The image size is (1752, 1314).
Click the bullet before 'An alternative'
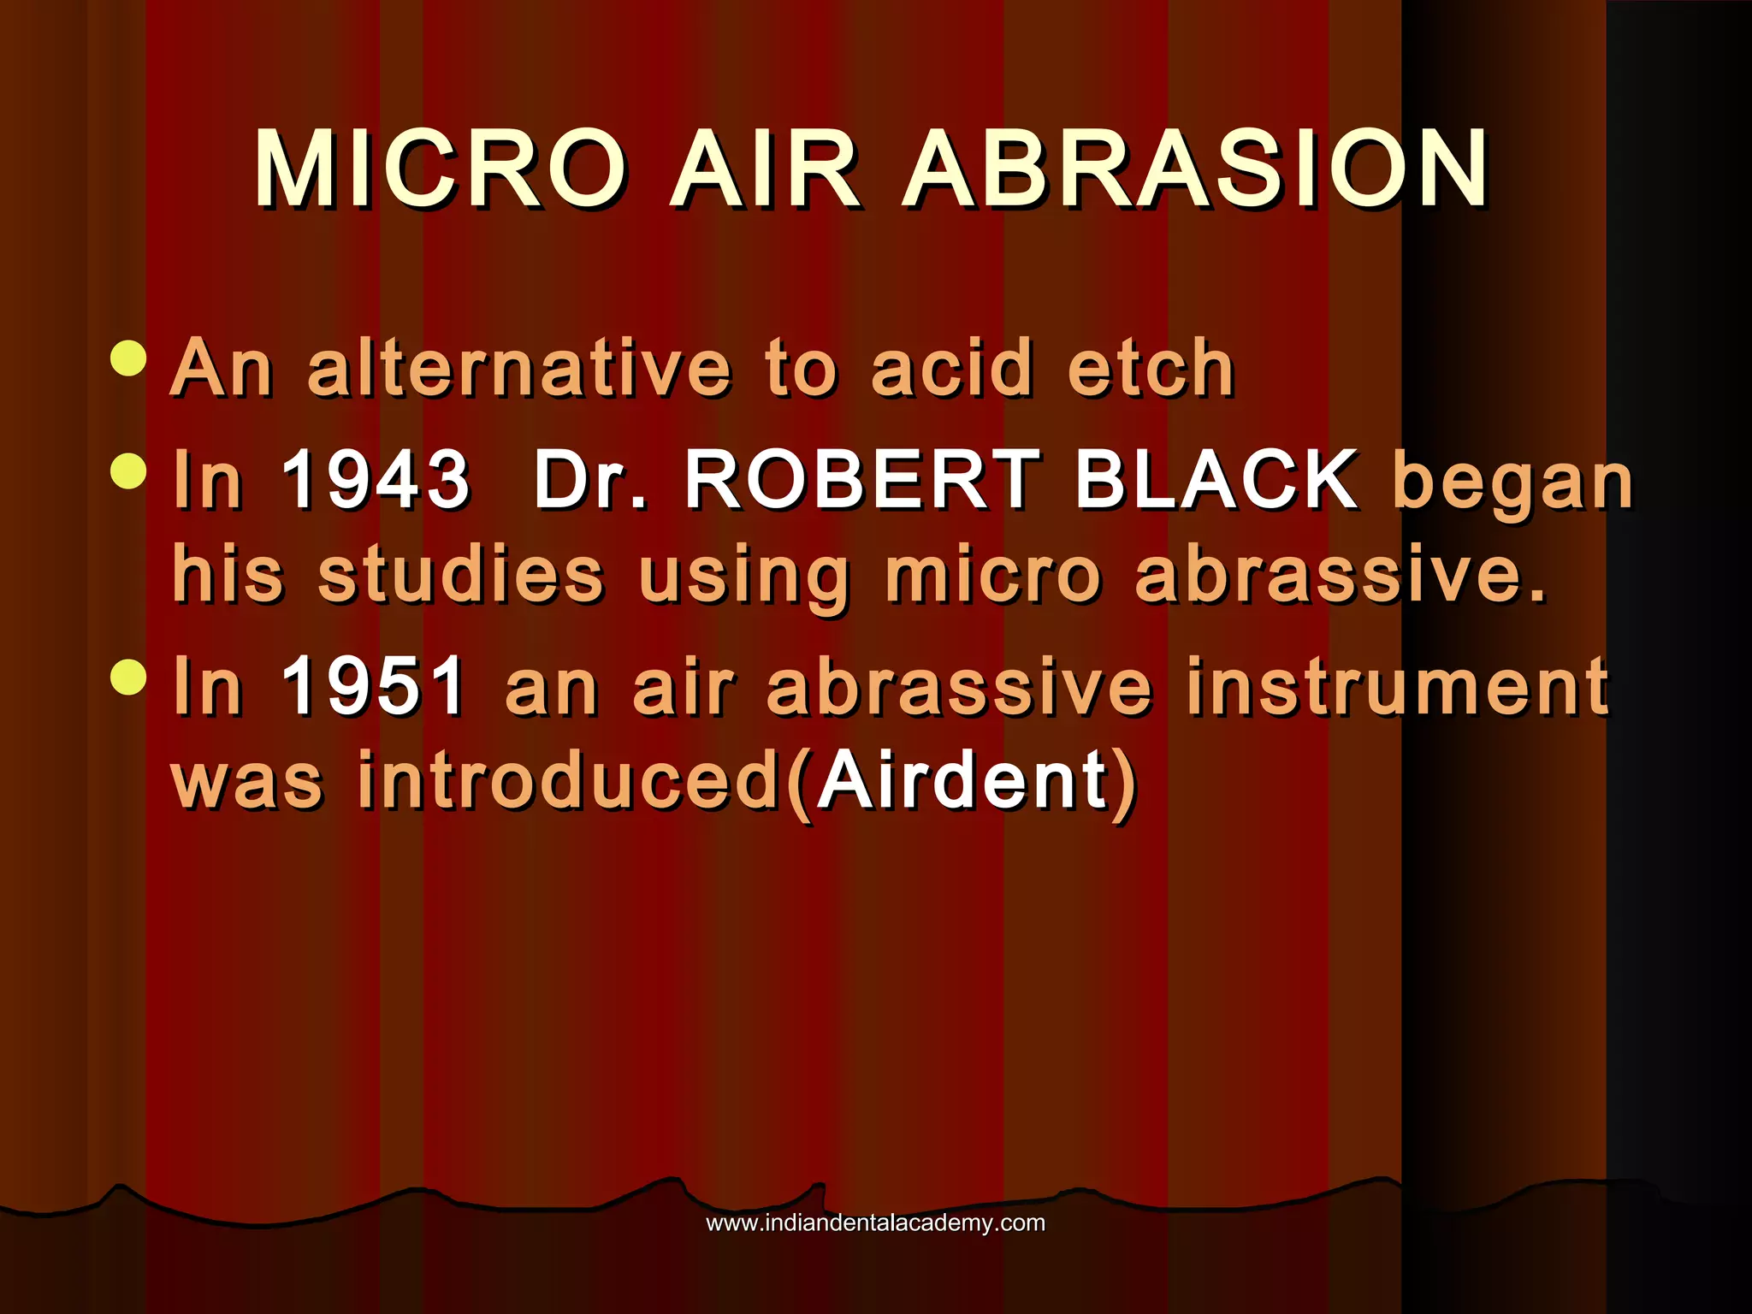tap(129, 358)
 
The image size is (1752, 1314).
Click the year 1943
tap(376, 479)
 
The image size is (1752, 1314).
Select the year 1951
tap(374, 685)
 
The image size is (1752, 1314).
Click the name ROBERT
tap(862, 479)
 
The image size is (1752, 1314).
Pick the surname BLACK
tap(1216, 479)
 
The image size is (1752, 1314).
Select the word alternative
tap(519, 369)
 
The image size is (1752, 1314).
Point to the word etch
tap(1151, 369)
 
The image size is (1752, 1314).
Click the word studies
tap(461, 574)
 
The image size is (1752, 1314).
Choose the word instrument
tap(1397, 685)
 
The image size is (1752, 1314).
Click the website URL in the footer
tap(875, 1222)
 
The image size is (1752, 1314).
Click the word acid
tap(951, 369)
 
